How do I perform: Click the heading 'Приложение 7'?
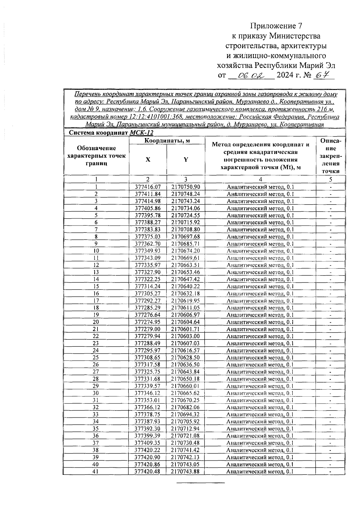(276, 26)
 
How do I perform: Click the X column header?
(148, 160)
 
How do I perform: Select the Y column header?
(186, 160)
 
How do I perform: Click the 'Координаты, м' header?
(167, 140)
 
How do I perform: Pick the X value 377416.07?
(148, 187)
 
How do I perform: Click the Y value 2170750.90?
(186, 187)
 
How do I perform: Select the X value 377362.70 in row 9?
(148, 244)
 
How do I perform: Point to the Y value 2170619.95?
(186, 301)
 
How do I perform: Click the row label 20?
(96, 322)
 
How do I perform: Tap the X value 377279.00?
(147, 329)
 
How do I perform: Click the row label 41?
(96, 472)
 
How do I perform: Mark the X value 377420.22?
(147, 450)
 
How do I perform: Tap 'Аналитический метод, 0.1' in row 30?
(260, 393)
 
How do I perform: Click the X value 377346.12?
(147, 393)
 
